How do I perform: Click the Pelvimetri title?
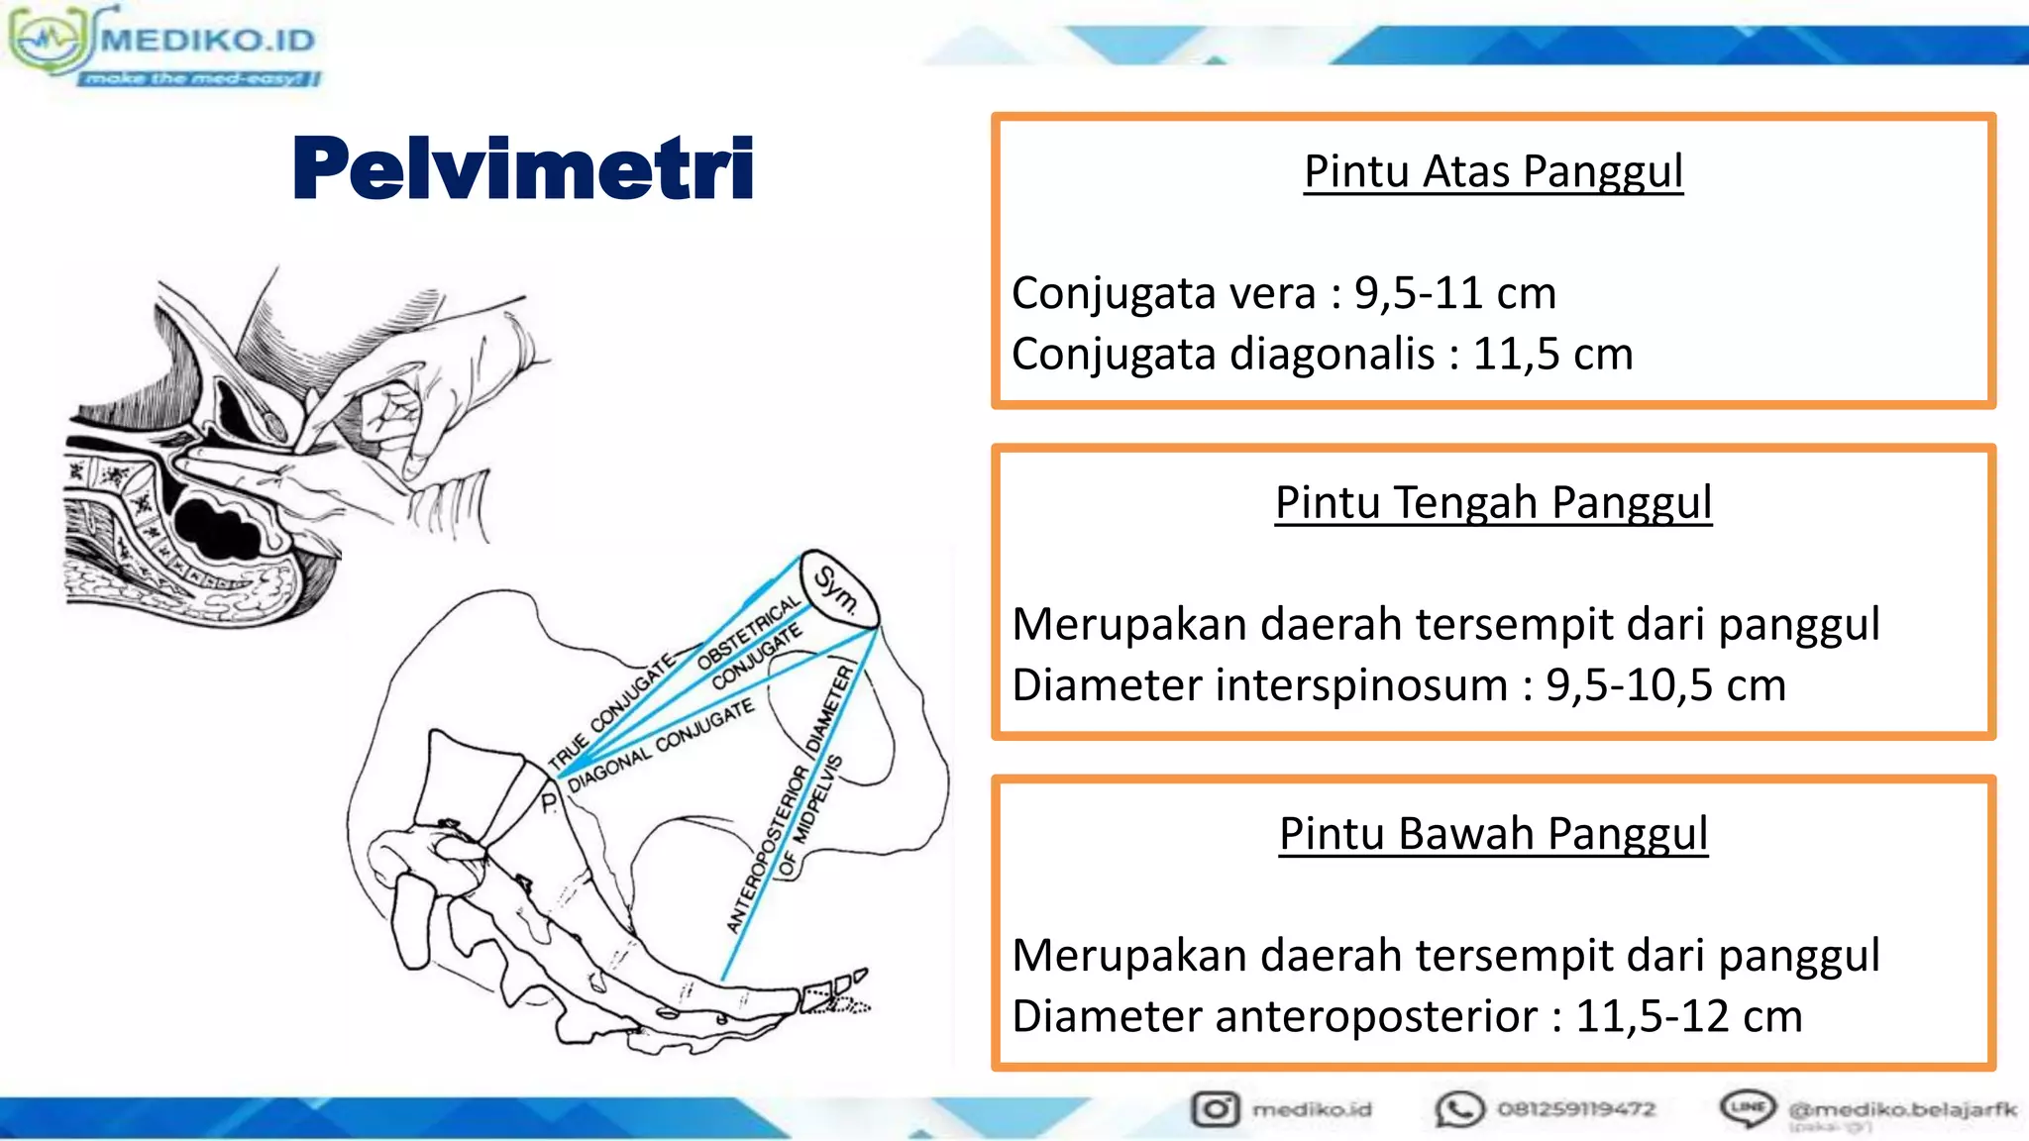coord(523,168)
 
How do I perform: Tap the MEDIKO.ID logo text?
coord(208,40)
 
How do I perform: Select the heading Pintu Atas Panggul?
coord(1493,171)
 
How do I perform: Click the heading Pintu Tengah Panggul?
coord(1493,502)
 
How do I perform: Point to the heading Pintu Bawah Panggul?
coord(1493,833)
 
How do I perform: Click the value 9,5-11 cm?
coord(1455,293)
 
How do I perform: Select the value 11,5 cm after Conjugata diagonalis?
coord(1552,354)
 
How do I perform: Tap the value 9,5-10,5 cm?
coord(1665,685)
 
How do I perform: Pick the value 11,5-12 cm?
coord(1688,1016)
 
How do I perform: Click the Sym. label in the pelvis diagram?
coord(836,589)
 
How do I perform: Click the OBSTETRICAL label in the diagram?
coord(748,633)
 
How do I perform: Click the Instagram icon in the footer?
coord(1216,1109)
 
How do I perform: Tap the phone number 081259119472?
coord(1575,1109)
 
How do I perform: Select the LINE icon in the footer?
coord(1748,1107)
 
